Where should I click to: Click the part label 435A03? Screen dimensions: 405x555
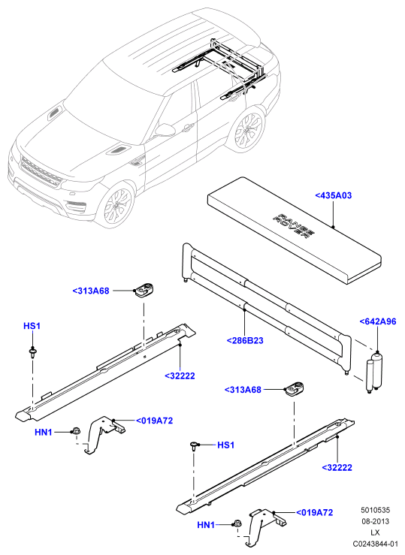(x=334, y=195)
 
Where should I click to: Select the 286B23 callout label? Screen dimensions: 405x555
(x=245, y=340)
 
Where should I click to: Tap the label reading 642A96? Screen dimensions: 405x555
(x=378, y=321)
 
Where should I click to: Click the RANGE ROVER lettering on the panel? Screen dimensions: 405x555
(x=294, y=227)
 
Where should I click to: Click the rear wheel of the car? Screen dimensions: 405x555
(x=248, y=128)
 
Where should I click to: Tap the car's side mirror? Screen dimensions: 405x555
(x=165, y=129)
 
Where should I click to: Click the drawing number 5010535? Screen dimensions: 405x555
(x=375, y=510)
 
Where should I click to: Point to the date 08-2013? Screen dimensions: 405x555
(x=375, y=521)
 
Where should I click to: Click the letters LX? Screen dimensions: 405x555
(x=375, y=532)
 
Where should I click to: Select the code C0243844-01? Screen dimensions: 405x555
(x=375, y=544)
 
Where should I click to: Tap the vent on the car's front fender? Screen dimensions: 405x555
(x=135, y=161)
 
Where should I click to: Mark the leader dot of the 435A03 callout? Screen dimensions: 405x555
(x=333, y=226)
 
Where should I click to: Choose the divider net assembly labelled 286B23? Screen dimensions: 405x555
(x=266, y=307)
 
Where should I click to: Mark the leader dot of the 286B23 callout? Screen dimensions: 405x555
(x=245, y=310)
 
